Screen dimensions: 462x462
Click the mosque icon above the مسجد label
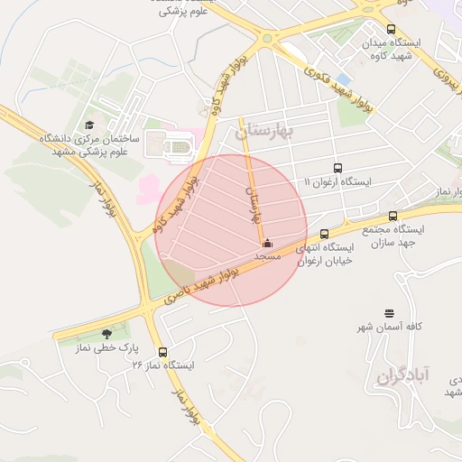[x=267, y=242]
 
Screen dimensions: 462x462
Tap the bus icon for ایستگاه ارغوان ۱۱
[x=337, y=168]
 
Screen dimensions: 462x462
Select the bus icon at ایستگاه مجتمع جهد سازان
[x=393, y=216]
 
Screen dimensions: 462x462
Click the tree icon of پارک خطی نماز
[x=107, y=334]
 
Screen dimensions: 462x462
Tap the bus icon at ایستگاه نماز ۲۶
[x=162, y=352]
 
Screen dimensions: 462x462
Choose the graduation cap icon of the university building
[x=89, y=125]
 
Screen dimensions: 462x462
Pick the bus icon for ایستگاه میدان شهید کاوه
[x=391, y=29]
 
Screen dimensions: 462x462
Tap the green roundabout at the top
[x=267, y=39]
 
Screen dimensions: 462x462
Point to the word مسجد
[x=267, y=256]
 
